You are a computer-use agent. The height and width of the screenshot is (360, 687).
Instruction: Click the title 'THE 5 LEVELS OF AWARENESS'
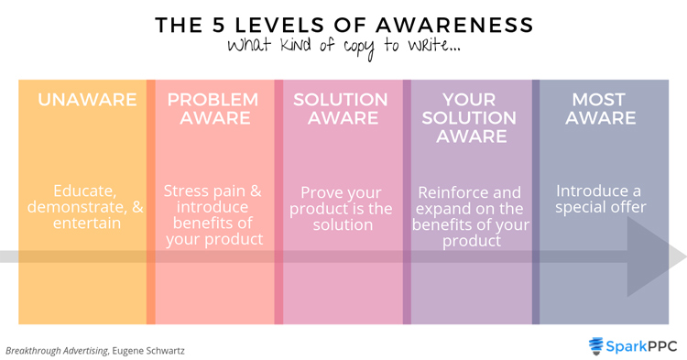pos(343,25)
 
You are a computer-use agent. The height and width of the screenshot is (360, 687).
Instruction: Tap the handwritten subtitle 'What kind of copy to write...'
pos(343,46)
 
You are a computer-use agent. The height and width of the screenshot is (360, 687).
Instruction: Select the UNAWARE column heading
pos(87,100)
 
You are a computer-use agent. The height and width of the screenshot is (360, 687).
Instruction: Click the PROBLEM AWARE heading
pos(213,108)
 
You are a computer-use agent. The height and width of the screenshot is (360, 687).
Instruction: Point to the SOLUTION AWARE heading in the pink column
pos(341,108)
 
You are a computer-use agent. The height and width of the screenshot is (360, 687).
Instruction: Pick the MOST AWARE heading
pos(599,108)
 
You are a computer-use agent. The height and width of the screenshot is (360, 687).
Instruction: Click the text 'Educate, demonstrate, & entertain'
pos(85,207)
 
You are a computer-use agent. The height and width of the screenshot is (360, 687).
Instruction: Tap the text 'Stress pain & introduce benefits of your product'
pos(213,215)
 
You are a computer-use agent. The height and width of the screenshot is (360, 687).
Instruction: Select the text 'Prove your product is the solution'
pos(341,209)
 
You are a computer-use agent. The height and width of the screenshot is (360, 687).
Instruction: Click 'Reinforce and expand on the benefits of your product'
pos(471,217)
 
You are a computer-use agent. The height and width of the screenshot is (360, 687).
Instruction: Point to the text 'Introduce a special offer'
pos(599,199)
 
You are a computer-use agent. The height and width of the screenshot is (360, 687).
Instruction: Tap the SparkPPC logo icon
pos(596,345)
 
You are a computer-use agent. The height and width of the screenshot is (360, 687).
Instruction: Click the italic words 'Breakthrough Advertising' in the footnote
pos(56,351)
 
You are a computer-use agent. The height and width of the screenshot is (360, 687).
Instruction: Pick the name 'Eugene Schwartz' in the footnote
pos(149,351)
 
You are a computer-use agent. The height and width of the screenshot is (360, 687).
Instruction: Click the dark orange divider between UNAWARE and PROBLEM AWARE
pos(151,202)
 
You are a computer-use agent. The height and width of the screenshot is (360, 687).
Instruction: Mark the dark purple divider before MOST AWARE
pos(536,202)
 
